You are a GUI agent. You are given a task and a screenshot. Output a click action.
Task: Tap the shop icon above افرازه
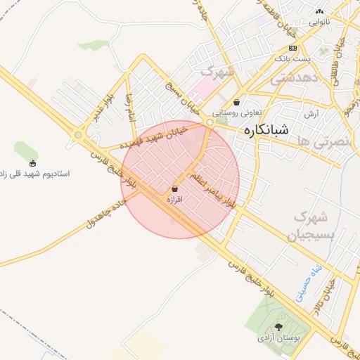(x=174, y=189)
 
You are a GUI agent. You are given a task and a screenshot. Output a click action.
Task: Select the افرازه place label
(x=174, y=200)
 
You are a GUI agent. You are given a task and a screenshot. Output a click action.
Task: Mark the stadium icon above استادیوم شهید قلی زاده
(x=33, y=163)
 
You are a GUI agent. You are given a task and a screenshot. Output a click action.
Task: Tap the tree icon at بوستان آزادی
(x=279, y=328)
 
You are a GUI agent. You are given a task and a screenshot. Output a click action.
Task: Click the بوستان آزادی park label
(x=279, y=339)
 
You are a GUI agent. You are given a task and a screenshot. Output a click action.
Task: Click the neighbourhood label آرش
(x=312, y=113)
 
